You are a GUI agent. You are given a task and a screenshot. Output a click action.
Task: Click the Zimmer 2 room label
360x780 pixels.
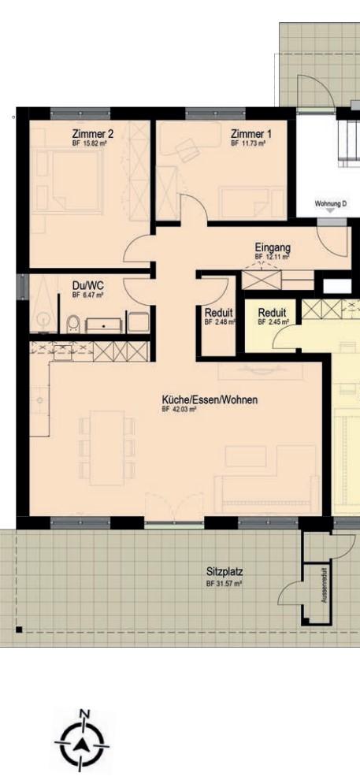coord(88,135)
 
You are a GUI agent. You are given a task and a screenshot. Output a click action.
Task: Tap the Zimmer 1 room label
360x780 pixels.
coord(247,135)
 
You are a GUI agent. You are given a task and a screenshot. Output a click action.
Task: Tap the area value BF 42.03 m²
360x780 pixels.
coord(180,410)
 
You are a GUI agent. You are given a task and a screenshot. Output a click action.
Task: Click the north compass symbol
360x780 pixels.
coord(82,741)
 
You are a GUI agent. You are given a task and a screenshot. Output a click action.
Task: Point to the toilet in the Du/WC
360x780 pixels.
coord(73,323)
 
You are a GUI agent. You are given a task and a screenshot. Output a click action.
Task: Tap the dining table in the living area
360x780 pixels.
coord(106,448)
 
